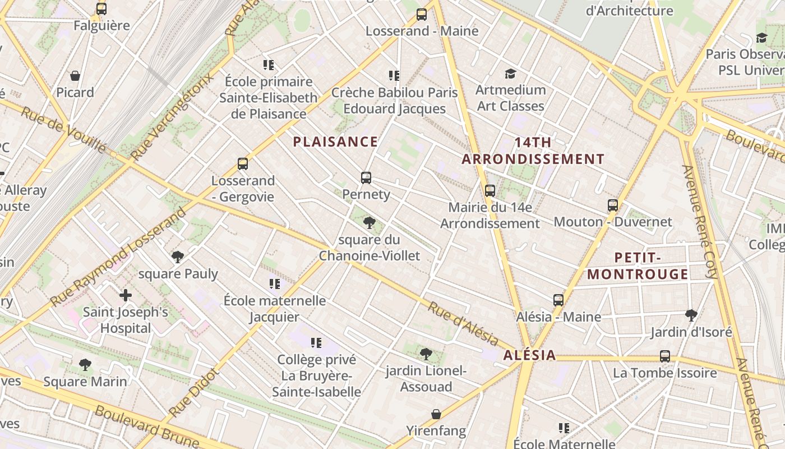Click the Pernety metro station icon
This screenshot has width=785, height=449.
pos(366,178)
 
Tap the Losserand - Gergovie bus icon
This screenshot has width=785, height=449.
pos(242,164)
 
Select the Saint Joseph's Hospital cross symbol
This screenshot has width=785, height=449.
pos(126,295)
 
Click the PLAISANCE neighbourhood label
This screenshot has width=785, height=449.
pos(335,142)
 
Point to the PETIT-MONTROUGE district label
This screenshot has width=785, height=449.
pos(638,266)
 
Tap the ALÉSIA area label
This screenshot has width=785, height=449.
pos(529,355)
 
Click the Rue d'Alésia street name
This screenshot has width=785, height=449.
pos(463,323)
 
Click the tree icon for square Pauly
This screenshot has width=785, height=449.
pos(178,258)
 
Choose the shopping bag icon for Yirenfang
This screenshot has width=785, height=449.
pos(436,415)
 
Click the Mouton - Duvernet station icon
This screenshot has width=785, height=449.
pos(612,205)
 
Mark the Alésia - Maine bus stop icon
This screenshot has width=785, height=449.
pos(558,300)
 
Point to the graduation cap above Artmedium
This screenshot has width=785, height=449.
pos(510,74)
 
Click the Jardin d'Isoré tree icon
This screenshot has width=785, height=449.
pos(691,315)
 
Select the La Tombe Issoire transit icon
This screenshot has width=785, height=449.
pos(664,356)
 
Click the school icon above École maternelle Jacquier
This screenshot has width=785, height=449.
pos(274,284)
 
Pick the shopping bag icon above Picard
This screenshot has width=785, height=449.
pos(75,76)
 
